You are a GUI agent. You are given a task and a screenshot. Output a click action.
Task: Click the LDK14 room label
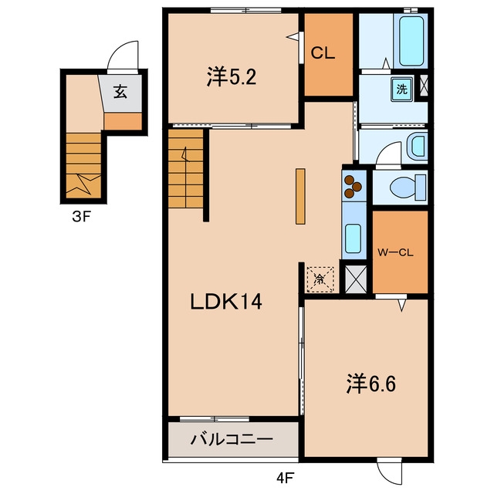pyautogui.click(x=226, y=302)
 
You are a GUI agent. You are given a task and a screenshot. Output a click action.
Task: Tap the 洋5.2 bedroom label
pyautogui.click(x=232, y=76)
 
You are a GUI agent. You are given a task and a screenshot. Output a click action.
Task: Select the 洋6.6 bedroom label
pyautogui.click(x=370, y=384)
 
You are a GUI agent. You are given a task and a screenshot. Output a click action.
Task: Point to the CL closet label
pyautogui.click(x=323, y=53)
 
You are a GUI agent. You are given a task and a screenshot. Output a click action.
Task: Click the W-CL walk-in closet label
pyautogui.click(x=395, y=252)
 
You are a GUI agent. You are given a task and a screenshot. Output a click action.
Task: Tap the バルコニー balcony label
pyautogui.click(x=232, y=439)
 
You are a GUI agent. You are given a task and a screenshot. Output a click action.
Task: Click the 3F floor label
pyautogui.click(x=82, y=216)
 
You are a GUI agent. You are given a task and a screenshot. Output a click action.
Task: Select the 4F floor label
pyautogui.click(x=285, y=479)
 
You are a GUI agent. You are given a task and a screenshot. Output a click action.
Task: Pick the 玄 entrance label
pyautogui.click(x=120, y=92)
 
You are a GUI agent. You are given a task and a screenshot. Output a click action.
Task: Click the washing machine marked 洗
pyautogui.click(x=402, y=90)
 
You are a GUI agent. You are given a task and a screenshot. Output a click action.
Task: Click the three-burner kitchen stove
pyautogui.click(x=354, y=187)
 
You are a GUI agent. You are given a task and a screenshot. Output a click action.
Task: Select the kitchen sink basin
pyautogui.click(x=354, y=239)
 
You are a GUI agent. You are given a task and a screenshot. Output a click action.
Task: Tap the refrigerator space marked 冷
pyautogui.click(x=320, y=279)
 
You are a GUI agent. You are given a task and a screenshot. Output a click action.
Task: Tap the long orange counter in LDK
pyautogui.click(x=300, y=197)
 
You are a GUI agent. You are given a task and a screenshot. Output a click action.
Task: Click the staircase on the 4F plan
pyautogui.click(x=185, y=168)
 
